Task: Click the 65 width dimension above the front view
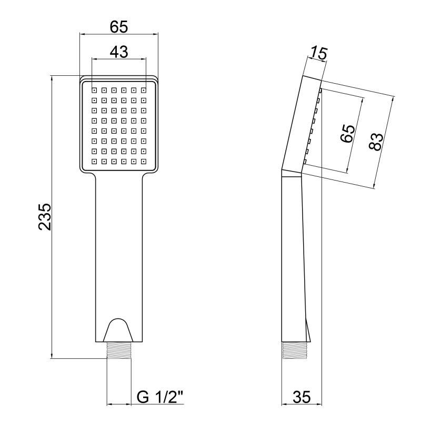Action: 119,27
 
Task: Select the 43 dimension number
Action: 119,52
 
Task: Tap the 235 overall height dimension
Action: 45,217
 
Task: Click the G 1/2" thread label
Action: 160,397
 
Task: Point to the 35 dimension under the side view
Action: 302,397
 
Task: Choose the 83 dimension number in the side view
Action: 376,142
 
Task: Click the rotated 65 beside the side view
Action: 347,133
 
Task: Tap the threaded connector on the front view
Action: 119,350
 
